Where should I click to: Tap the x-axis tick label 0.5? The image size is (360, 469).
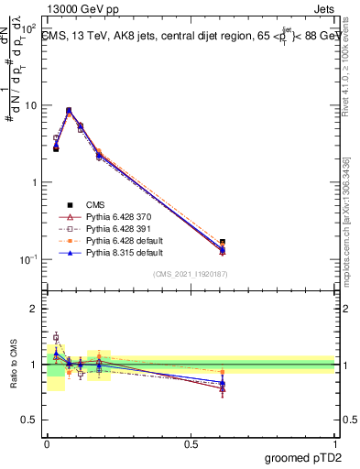[191, 444]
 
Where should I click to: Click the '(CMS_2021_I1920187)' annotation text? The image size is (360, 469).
[191, 274]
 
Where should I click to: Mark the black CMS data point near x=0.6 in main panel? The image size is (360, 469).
[223, 243]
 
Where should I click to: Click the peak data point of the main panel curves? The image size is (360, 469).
[69, 111]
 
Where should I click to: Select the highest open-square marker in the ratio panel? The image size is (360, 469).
[56, 337]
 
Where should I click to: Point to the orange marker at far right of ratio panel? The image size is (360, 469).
[223, 372]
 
